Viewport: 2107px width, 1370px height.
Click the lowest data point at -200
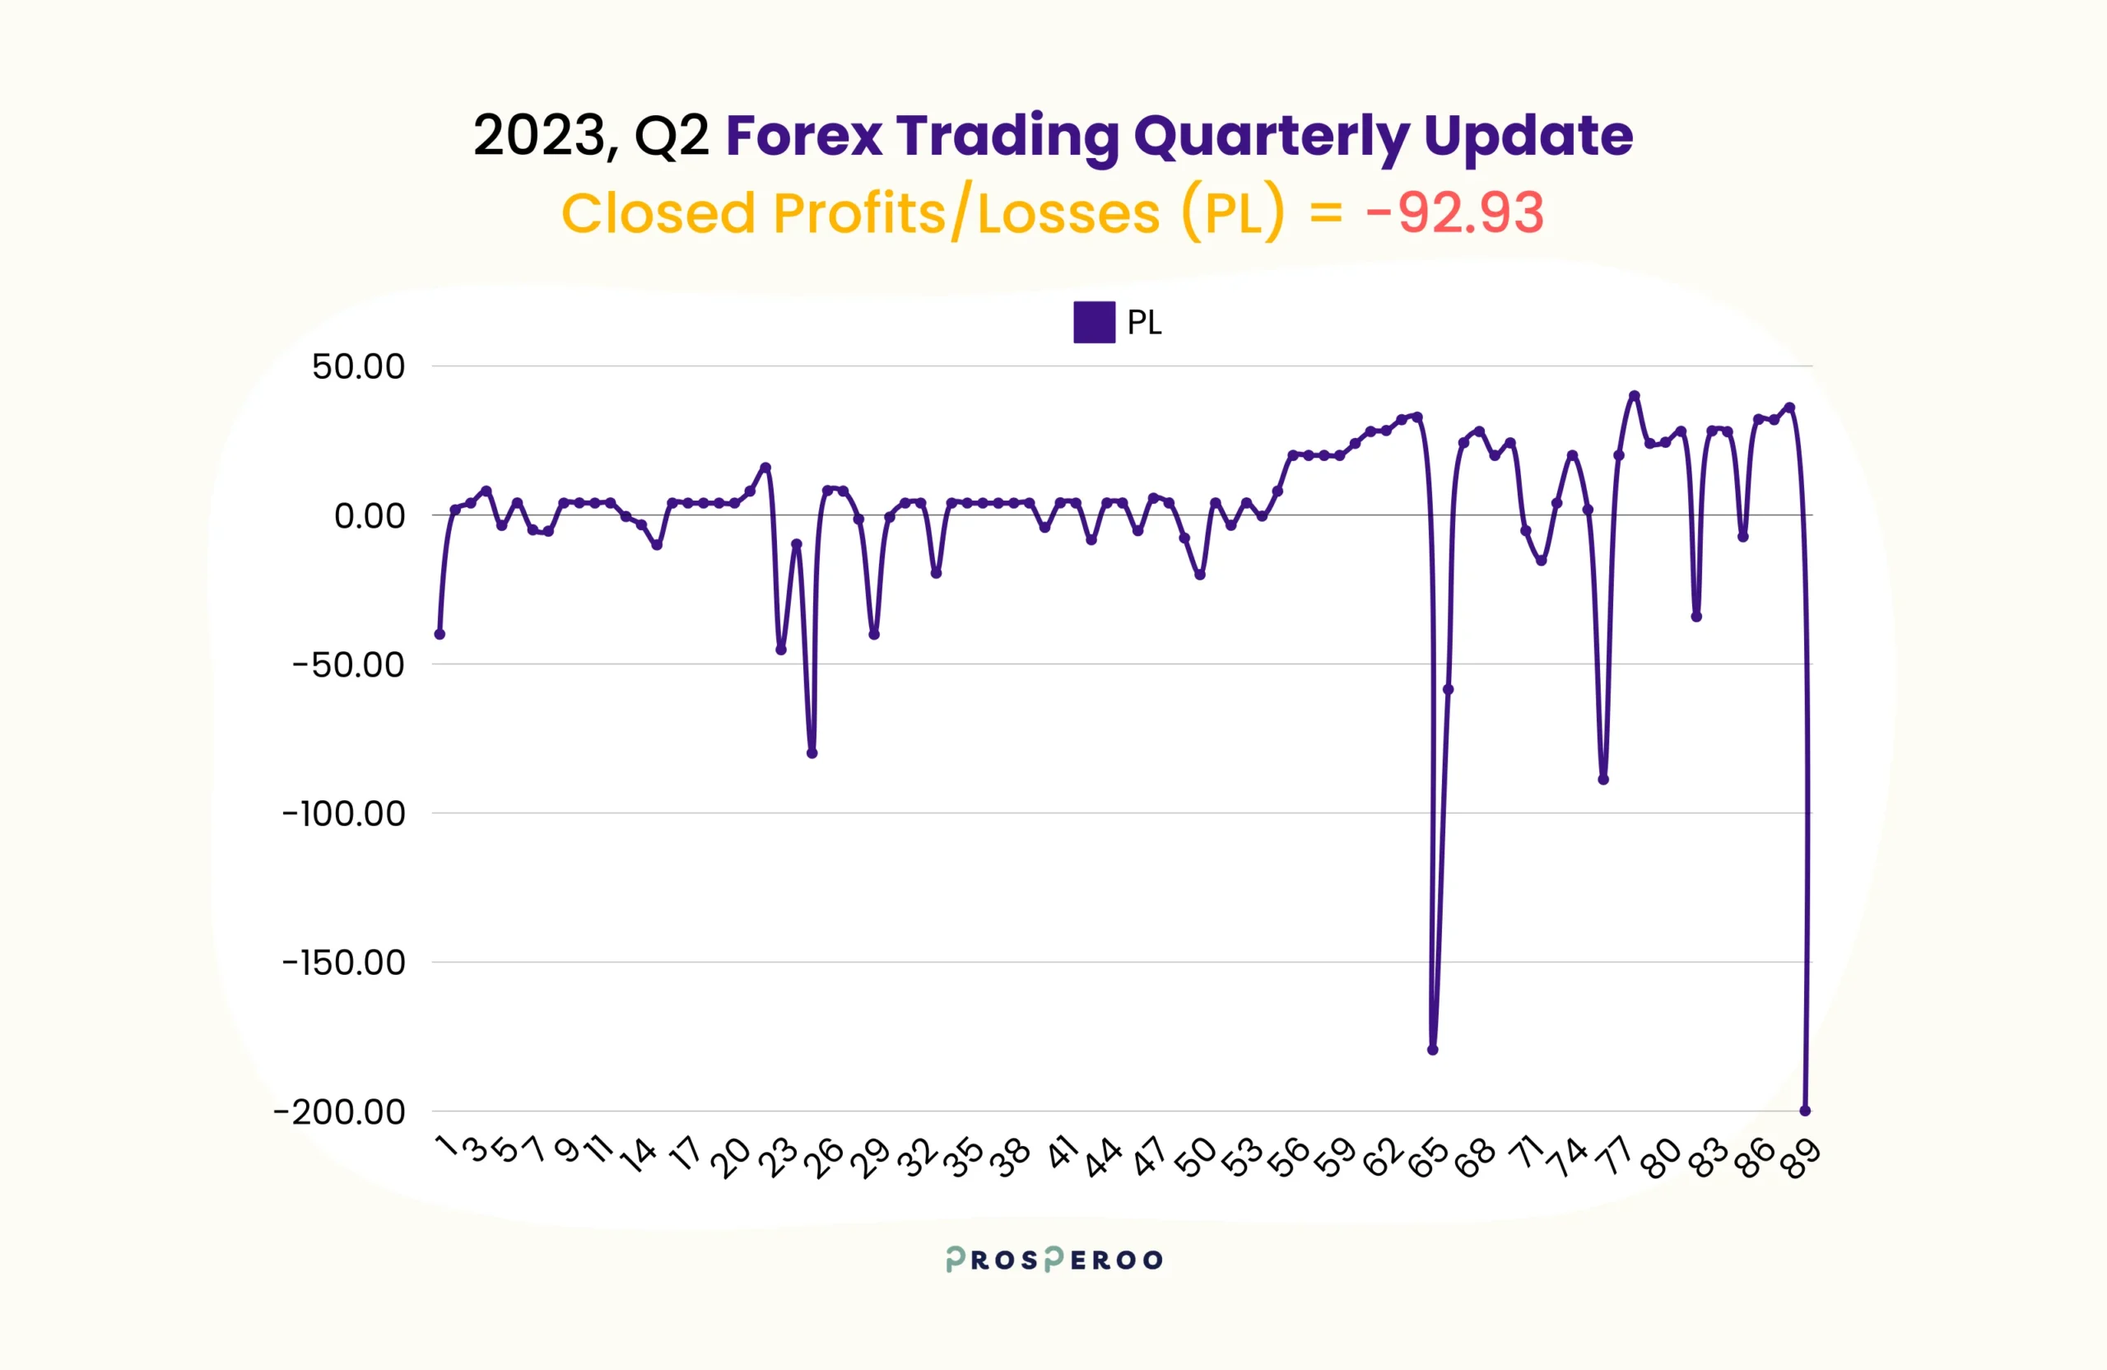coord(1805,1111)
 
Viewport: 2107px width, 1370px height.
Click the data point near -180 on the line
coord(1432,1050)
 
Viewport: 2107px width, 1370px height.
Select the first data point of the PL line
coord(440,634)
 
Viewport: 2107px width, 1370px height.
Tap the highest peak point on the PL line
coord(1635,396)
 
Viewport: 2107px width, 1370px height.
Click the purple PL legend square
coord(1093,323)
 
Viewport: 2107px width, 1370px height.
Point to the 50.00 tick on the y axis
coord(358,366)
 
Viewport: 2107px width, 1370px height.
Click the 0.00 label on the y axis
coord(370,515)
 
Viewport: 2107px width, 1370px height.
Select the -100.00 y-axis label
coord(343,813)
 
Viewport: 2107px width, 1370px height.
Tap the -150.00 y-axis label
coord(343,962)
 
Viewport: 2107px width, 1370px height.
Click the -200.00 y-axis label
coord(339,1111)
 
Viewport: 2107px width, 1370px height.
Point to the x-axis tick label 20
coord(731,1157)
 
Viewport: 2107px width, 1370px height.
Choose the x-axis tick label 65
coord(1428,1158)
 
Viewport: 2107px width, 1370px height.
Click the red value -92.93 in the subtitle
coord(1454,213)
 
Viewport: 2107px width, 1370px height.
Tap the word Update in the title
coord(1528,138)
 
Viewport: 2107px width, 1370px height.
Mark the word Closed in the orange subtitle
coord(658,213)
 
